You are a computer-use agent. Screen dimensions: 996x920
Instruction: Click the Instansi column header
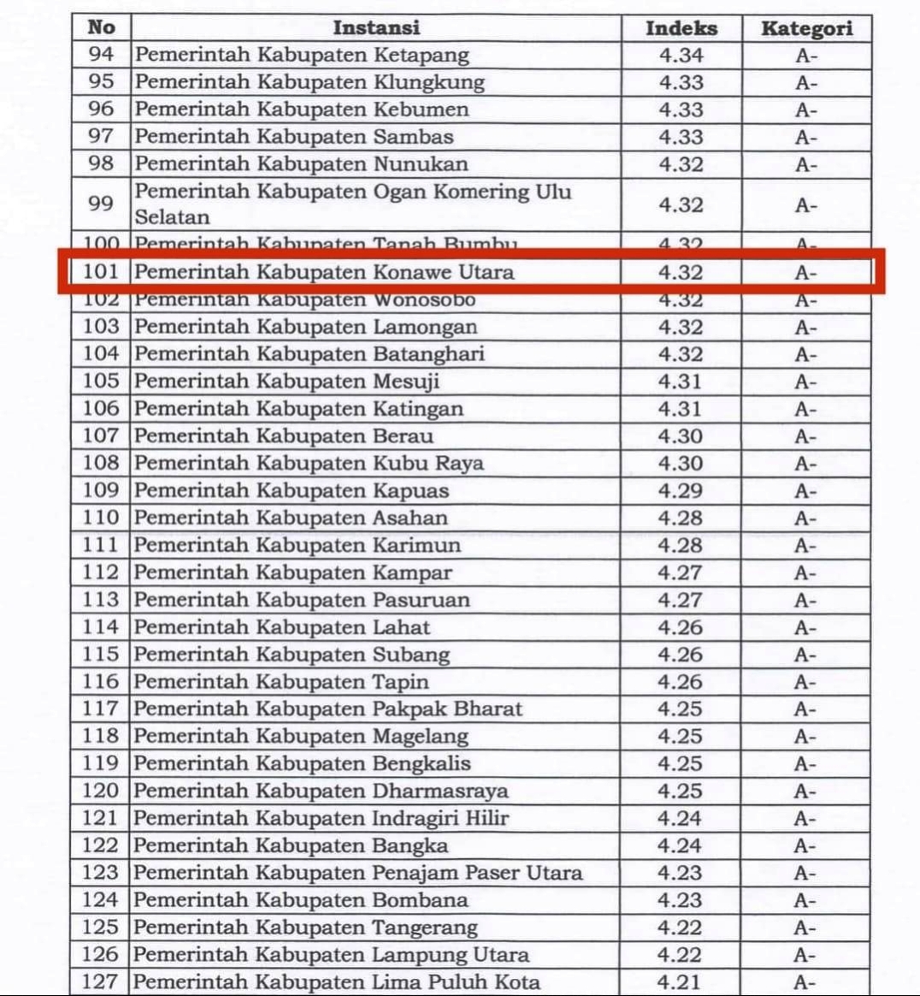point(376,27)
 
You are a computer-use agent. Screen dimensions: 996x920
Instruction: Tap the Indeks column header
point(681,28)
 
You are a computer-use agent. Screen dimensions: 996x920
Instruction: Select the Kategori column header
point(806,28)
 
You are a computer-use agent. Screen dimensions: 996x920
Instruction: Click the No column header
point(101,27)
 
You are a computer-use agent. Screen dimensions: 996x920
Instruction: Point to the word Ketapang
point(422,56)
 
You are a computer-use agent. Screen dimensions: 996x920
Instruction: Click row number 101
point(100,272)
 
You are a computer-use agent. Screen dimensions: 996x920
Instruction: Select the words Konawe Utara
point(444,272)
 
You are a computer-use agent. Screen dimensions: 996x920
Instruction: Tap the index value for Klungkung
point(681,83)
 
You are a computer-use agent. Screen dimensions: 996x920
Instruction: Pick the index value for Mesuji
point(680,382)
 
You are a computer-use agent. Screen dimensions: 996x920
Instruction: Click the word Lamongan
point(425,327)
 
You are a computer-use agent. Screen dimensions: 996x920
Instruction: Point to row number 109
point(100,491)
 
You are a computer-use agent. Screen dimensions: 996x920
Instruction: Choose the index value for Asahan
point(680,519)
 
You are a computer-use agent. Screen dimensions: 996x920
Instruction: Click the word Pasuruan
point(422,600)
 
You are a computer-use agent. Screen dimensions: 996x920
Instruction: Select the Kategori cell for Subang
point(805,655)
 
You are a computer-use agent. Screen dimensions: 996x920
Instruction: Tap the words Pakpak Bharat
point(447,709)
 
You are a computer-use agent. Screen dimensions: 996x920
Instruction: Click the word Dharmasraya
point(440,791)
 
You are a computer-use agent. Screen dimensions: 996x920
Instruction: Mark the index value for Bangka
point(680,846)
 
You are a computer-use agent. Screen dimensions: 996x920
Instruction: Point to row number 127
point(99,982)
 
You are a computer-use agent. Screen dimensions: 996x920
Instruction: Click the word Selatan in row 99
point(172,217)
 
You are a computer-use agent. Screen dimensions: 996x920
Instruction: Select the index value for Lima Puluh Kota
point(680,982)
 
